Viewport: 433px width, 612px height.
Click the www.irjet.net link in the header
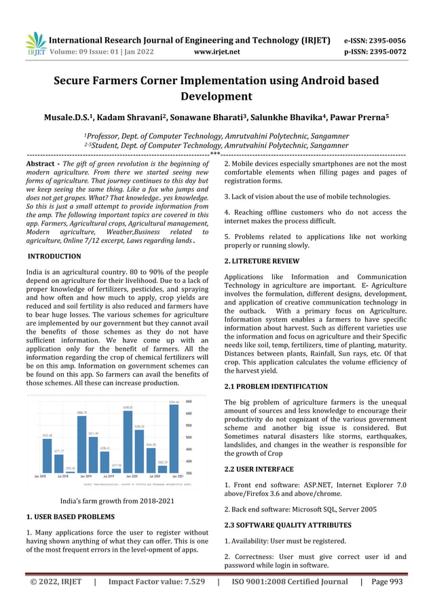tap(216, 51)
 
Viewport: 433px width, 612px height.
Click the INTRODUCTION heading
tap(54, 256)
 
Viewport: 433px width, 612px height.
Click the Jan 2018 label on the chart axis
tap(40, 476)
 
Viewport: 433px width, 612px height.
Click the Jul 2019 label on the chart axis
tap(107, 476)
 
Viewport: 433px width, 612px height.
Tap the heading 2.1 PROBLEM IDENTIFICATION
tap(276, 387)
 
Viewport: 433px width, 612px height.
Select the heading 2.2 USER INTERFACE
tap(259, 470)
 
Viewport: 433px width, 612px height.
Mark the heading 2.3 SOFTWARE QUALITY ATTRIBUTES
tap(288, 525)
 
